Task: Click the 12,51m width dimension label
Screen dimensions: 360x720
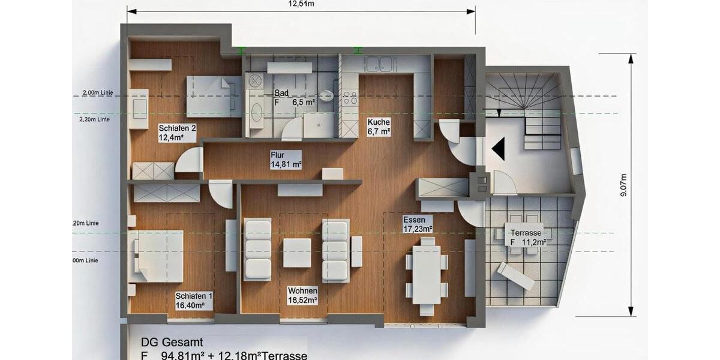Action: point(301,4)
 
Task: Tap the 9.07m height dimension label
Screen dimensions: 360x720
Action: point(623,185)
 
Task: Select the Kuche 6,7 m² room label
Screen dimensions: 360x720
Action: point(379,126)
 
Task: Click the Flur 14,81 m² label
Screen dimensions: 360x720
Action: point(286,160)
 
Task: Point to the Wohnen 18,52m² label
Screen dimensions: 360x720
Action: point(302,295)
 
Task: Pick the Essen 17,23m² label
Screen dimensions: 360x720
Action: point(418,224)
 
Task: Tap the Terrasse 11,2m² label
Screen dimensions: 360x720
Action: point(527,237)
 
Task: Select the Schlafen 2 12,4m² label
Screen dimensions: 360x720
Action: point(177,133)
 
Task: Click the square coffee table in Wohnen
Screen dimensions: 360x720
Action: point(297,253)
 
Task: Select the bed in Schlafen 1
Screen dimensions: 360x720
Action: point(156,256)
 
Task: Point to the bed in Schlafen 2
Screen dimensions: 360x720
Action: point(212,96)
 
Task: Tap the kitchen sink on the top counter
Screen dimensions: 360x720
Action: point(379,64)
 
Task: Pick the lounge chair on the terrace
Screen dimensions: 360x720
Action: point(515,276)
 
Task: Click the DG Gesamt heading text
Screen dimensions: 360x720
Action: point(167,342)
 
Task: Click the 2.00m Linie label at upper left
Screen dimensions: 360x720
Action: point(98,93)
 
